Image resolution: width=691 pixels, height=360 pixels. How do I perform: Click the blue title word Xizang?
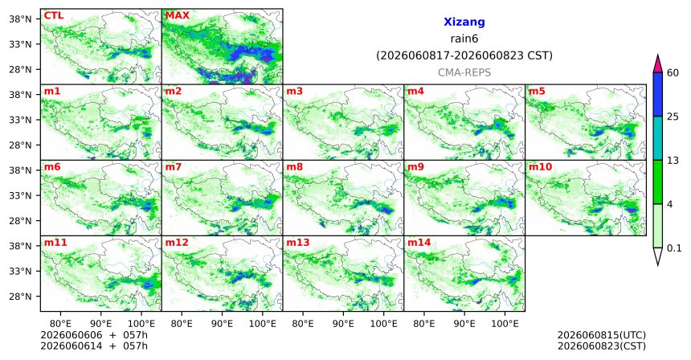pos(464,22)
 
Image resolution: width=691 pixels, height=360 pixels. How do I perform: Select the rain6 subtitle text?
pos(464,39)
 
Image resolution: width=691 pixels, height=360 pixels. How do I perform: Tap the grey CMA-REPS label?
pos(464,72)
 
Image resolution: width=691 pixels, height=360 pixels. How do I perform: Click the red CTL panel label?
pos(54,16)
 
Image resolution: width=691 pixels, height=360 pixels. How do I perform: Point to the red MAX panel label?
pos(177,16)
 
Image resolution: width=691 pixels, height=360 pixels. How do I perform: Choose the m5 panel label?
pos(537,92)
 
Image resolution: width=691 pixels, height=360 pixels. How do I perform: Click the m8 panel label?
pos(295,167)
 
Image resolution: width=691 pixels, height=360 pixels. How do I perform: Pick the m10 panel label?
pos(540,167)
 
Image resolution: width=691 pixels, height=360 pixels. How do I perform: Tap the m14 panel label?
pos(419,243)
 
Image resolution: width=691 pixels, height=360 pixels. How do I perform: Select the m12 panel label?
pos(177,243)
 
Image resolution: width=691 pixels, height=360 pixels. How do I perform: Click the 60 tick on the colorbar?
pos(673,72)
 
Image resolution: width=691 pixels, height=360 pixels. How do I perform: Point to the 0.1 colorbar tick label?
pos(674,248)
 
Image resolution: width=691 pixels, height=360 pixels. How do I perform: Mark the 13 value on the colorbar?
pos(673,161)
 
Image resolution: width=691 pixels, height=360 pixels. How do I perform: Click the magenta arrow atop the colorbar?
pos(658,64)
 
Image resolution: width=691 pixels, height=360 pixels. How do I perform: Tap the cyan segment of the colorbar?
pos(658,138)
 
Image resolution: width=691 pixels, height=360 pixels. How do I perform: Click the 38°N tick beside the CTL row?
pos(20,19)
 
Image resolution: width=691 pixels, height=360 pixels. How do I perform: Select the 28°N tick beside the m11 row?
pos(20,297)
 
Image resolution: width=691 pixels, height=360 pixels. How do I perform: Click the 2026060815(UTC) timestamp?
pos(602,336)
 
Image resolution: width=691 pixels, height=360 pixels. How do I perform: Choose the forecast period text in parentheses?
pos(464,55)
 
